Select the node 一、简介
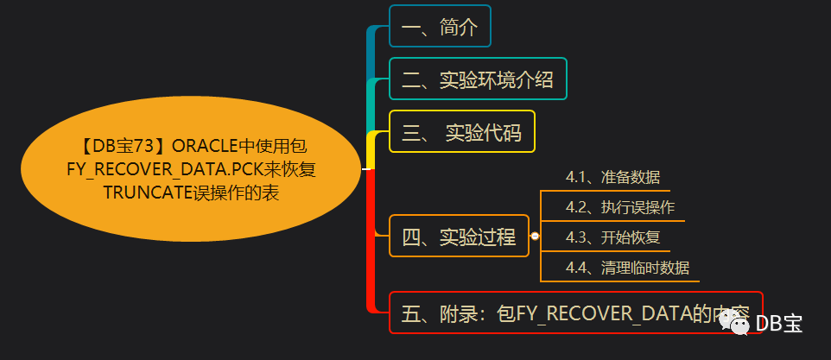[440, 26]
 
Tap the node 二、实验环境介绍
[478, 79]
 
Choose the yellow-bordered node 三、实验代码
[461, 132]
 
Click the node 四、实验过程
[458, 237]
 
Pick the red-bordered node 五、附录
[576, 313]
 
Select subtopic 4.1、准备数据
[612, 178]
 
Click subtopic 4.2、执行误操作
[620, 207]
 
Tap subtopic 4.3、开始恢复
[612, 237]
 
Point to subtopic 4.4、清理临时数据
[627, 267]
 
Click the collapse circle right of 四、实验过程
[535, 237]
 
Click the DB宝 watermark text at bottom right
[779, 323]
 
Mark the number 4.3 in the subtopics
[577, 237]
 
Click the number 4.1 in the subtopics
[577, 178]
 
